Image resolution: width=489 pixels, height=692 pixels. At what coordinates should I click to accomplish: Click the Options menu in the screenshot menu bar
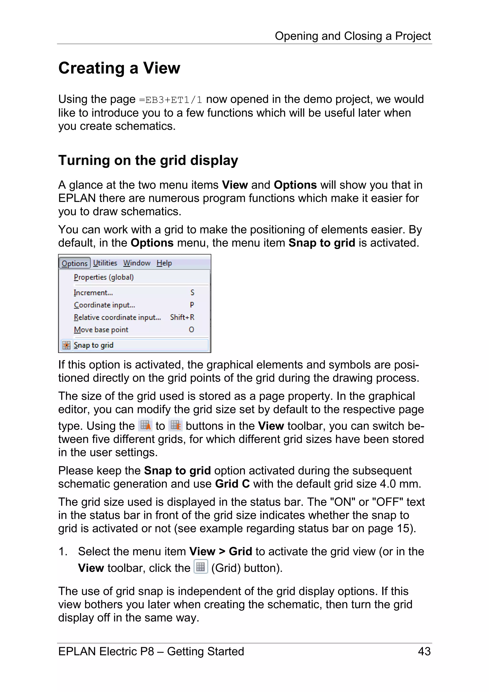point(74,263)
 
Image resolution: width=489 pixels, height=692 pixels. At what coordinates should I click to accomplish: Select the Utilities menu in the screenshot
point(105,263)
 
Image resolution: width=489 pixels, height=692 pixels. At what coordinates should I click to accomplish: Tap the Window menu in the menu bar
point(137,263)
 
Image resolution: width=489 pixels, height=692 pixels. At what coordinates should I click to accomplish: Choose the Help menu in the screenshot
point(164,263)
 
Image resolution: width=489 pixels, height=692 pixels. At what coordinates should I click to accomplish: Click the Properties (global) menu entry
point(104,277)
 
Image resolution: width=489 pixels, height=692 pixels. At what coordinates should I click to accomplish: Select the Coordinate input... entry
point(104,305)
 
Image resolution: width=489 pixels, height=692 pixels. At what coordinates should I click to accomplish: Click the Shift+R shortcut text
point(182,317)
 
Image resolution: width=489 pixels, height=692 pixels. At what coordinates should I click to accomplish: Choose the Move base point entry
point(101,330)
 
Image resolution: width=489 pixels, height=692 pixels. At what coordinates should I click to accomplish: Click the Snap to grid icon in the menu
point(66,345)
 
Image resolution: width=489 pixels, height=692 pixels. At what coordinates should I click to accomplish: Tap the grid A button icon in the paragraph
point(145,425)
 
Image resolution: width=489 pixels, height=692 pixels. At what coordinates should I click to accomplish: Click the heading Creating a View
point(119,68)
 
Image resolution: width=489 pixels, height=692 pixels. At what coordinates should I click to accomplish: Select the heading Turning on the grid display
point(148,160)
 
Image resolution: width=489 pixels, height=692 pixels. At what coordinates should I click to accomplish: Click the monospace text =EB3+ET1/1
point(170,100)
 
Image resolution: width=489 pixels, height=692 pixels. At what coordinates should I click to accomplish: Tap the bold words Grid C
point(232,484)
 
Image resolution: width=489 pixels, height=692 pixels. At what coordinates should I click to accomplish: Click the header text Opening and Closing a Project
point(352,36)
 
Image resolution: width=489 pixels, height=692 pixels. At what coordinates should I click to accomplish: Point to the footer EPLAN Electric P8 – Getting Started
point(151,651)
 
